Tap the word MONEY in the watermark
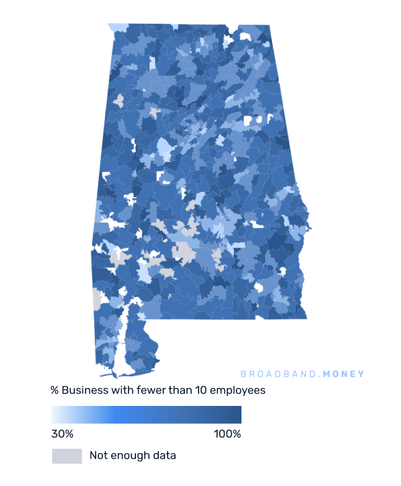point(344,374)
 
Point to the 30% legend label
point(62,434)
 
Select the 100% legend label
point(227,434)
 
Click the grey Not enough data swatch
point(66,456)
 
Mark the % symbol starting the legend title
point(55,390)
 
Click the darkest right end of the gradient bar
point(238,415)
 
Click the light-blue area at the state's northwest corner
point(118,27)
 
